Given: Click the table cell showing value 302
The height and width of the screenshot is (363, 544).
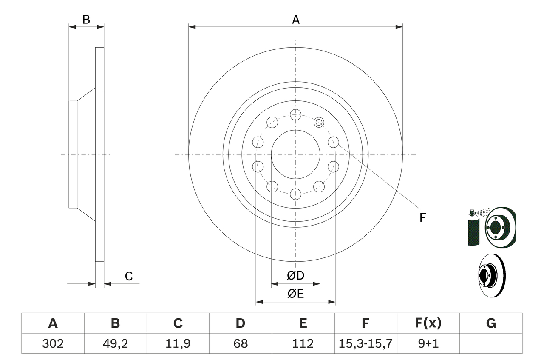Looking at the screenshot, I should [x=53, y=343].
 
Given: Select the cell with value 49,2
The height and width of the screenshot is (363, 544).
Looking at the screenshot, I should [x=115, y=343].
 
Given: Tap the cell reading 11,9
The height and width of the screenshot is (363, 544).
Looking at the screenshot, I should [x=178, y=343].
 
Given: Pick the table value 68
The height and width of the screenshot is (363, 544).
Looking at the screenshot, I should [x=240, y=343].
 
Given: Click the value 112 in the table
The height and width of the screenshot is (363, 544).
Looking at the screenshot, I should [x=303, y=343].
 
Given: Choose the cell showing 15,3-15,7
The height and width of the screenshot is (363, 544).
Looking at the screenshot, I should [x=365, y=343].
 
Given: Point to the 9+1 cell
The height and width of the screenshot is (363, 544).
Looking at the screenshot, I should [x=428, y=343].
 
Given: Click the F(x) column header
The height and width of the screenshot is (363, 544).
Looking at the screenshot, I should [x=428, y=323].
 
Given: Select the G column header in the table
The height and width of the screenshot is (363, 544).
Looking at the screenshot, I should [x=491, y=323].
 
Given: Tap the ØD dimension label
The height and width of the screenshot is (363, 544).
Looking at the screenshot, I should [x=296, y=275].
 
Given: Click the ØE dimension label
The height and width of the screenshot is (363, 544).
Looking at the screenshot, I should [x=296, y=294].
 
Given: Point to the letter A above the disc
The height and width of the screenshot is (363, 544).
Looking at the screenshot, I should [x=296, y=19].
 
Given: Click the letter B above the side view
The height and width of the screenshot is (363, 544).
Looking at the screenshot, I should [x=86, y=19].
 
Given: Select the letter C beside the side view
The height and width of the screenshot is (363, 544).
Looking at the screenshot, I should [x=129, y=276].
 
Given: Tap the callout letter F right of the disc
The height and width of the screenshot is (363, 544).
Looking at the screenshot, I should [x=422, y=217].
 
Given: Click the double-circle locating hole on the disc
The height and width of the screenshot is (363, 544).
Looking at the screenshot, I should [x=319, y=123].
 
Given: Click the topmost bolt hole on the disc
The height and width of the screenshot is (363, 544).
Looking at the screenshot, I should [x=295, y=114].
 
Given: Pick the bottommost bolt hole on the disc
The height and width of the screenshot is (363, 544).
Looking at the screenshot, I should [x=295, y=194].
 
